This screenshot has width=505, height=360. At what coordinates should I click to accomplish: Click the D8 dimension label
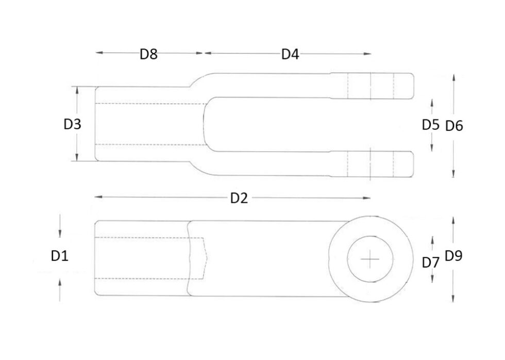(148, 54)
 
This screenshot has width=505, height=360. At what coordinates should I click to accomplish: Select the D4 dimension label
(290, 54)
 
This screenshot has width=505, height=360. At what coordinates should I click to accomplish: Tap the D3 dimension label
(72, 124)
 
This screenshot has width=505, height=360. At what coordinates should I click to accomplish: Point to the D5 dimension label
(430, 125)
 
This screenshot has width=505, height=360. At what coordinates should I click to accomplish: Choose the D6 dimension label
(454, 125)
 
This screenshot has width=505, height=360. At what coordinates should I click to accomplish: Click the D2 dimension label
(239, 198)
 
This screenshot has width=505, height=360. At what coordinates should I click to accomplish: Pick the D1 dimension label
(60, 255)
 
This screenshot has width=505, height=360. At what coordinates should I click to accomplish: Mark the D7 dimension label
(430, 263)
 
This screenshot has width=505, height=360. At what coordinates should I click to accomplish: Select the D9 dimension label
(454, 255)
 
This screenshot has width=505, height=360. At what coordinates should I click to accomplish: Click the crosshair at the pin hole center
(371, 259)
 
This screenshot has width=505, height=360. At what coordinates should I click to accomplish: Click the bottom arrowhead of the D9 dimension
(453, 301)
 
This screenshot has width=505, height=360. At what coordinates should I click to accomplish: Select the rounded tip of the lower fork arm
(412, 164)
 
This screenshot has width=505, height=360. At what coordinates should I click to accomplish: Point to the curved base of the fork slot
(206, 124)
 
